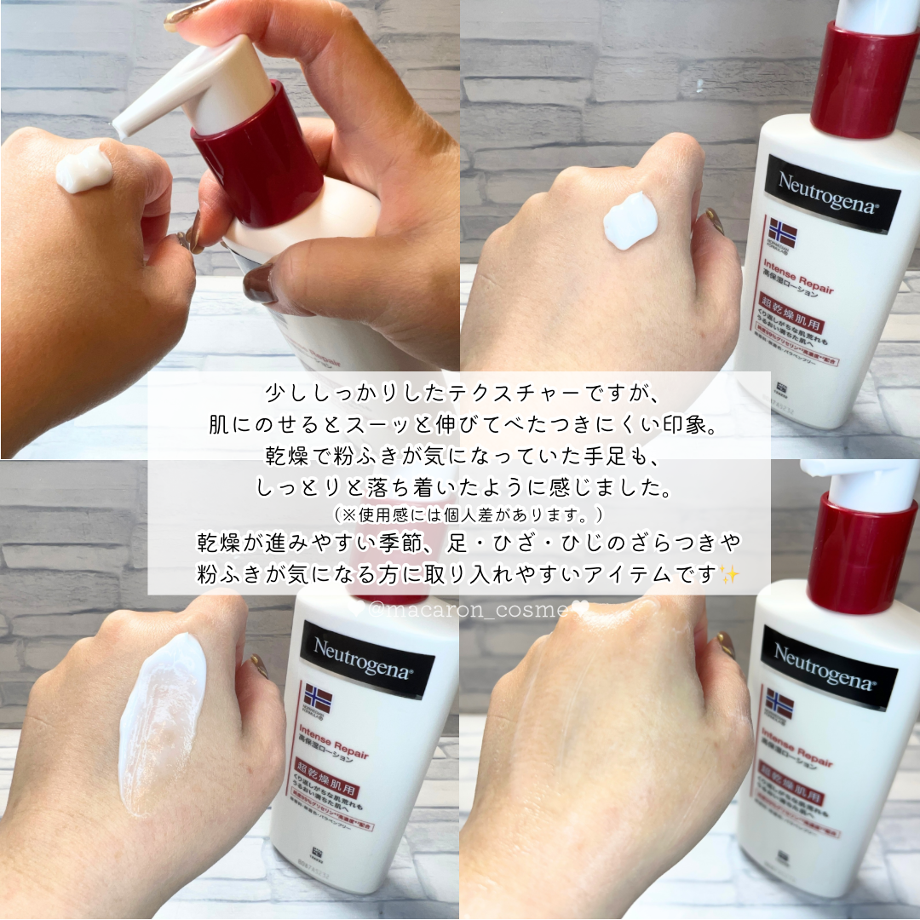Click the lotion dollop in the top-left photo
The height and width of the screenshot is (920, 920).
click(x=83, y=169)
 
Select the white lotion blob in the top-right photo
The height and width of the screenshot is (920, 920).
click(x=630, y=220)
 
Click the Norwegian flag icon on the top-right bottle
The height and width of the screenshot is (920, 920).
click(x=781, y=233)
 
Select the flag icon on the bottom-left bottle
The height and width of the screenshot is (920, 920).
click(x=318, y=699)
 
